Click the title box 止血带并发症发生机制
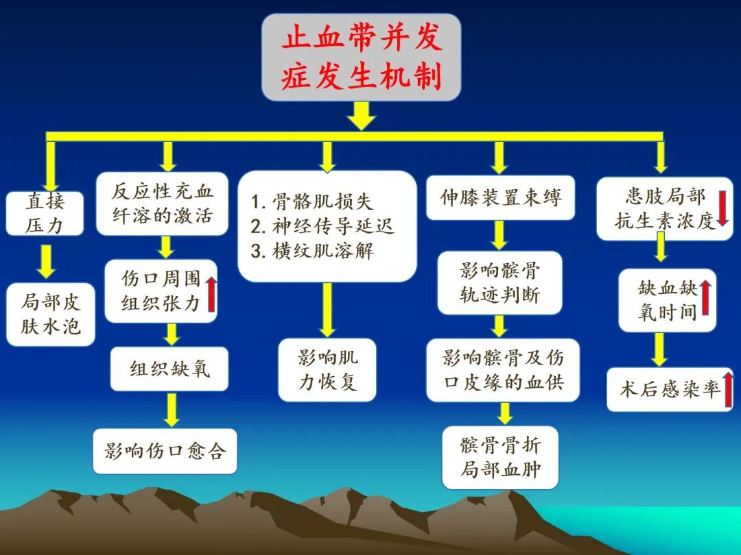pyautogui.click(x=361, y=58)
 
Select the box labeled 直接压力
pyautogui.click(x=45, y=213)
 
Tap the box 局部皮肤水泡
pyautogui.click(x=51, y=314)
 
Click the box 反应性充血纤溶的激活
pyautogui.click(x=162, y=203)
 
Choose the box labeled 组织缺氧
pyautogui.click(x=169, y=369)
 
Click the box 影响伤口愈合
pyautogui.click(x=165, y=451)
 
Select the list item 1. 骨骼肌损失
pyautogui.click(x=312, y=202)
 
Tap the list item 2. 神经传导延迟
pyautogui.click(x=322, y=226)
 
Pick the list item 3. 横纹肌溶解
pyautogui.click(x=312, y=251)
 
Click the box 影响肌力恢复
pyautogui.click(x=327, y=369)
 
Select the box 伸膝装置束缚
pyautogui.click(x=500, y=198)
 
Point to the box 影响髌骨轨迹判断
pyautogui.click(x=499, y=283)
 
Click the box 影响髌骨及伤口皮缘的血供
pyautogui.click(x=503, y=369)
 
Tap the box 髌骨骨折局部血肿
pyautogui.click(x=500, y=457)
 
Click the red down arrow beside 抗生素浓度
pyautogui.click(x=722, y=209)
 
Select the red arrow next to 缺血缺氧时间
pyautogui.click(x=705, y=299)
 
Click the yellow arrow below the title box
pyautogui.click(x=362, y=116)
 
